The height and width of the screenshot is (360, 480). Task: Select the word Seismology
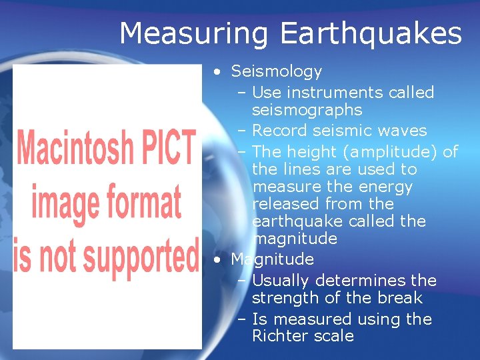point(276,71)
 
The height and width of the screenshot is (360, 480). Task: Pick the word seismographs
point(307,110)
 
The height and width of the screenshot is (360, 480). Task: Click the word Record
point(282,131)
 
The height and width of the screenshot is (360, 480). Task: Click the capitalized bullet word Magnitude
point(272,259)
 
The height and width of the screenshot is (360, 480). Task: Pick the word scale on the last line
point(332,336)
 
